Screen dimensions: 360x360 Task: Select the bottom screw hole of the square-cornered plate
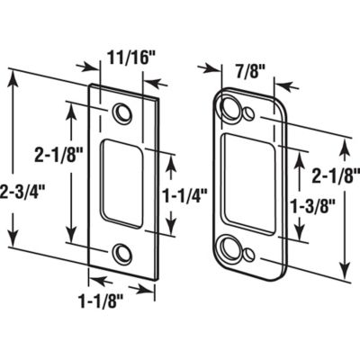121,251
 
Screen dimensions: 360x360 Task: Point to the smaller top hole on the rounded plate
247,116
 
